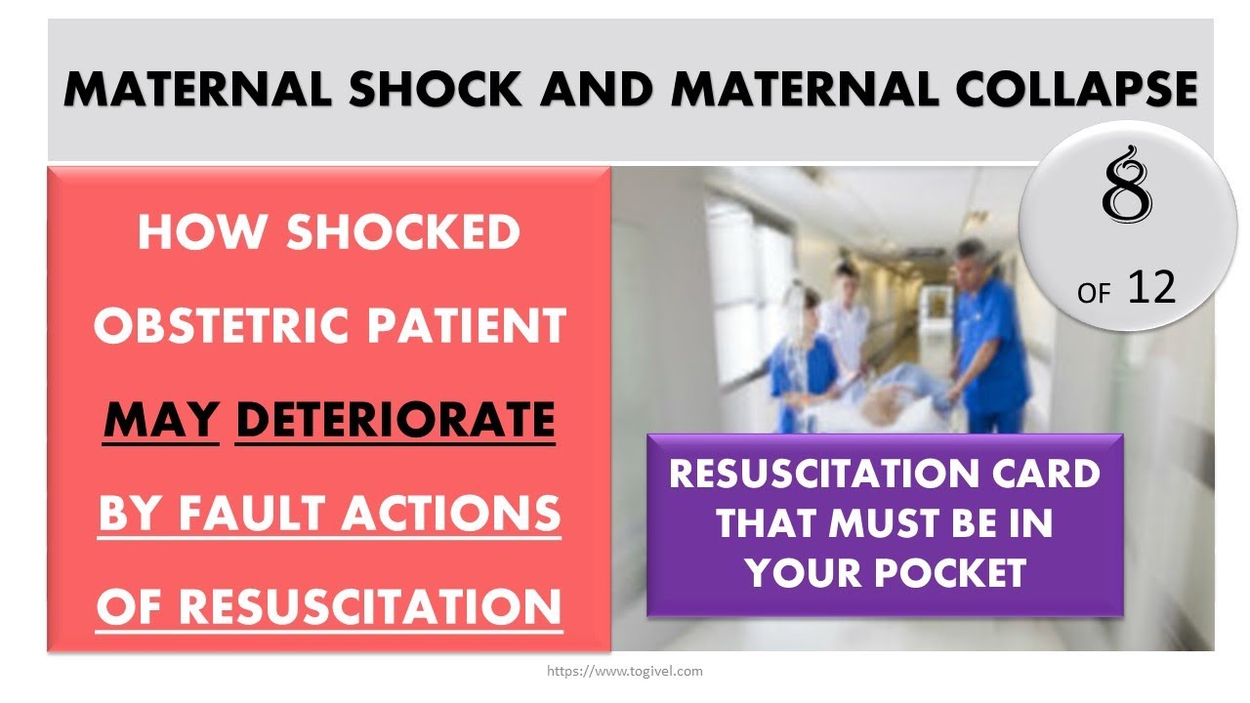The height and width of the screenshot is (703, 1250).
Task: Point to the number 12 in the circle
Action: tap(1151, 288)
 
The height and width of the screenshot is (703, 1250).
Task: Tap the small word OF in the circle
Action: tap(1095, 293)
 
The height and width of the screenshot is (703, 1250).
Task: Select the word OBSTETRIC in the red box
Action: tap(216, 326)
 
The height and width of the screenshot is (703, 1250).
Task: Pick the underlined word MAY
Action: tap(161, 421)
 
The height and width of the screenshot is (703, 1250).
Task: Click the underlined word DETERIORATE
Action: tap(396, 421)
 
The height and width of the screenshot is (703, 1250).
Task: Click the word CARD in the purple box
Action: tap(1046, 476)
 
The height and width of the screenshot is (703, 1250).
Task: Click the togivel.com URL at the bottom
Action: tap(625, 672)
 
